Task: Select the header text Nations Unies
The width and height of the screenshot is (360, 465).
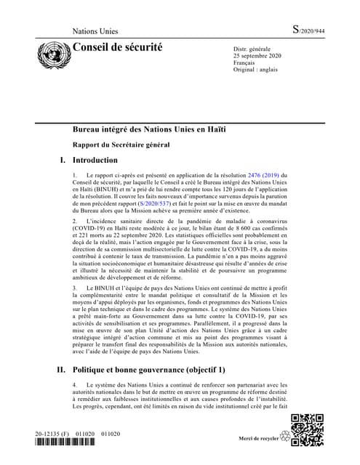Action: click(x=98, y=32)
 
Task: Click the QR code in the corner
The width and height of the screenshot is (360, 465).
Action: click(x=305, y=429)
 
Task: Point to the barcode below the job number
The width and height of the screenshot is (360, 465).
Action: click(x=61, y=443)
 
